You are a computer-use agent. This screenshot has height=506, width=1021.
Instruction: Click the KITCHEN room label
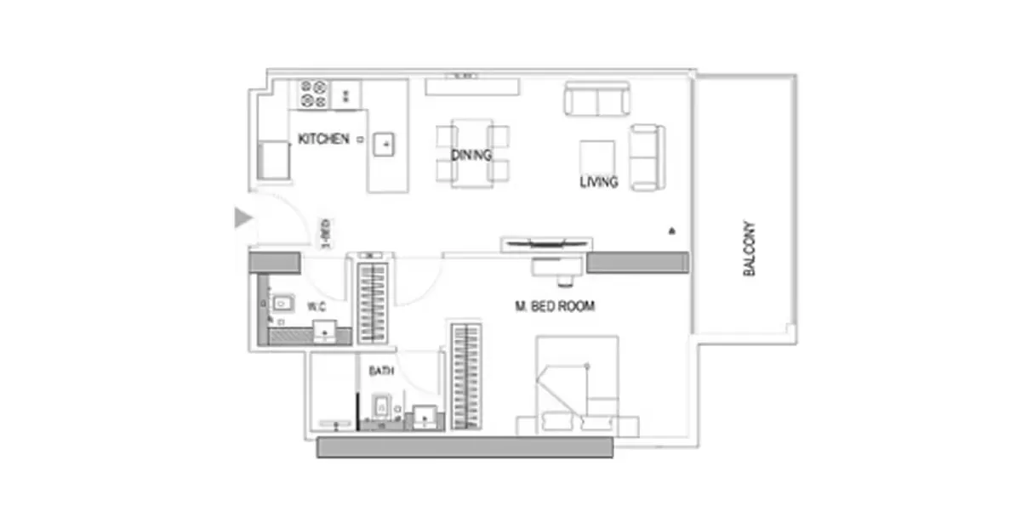pyautogui.click(x=323, y=139)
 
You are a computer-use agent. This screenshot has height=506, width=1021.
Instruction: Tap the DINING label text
pyautogui.click(x=471, y=156)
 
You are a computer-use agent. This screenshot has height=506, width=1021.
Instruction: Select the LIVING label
pyautogui.click(x=598, y=182)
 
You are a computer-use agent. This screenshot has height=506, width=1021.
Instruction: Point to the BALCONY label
pyautogui.click(x=749, y=248)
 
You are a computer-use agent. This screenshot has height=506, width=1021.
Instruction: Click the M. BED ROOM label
pyautogui.click(x=555, y=306)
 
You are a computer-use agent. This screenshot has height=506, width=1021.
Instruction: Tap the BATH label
pyautogui.click(x=381, y=371)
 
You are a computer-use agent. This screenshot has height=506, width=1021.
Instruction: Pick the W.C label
pyautogui.click(x=317, y=307)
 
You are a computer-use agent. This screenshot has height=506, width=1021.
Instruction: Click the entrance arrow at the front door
pyautogui.click(x=243, y=217)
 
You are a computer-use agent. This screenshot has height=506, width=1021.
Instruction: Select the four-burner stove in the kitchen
pyautogui.click(x=314, y=94)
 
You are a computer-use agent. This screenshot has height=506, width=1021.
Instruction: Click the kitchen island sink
pyautogui.click(x=384, y=145)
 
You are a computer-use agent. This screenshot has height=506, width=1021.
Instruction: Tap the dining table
pyautogui.click(x=472, y=153)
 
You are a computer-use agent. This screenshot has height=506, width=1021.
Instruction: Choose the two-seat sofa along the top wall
pyautogui.click(x=597, y=99)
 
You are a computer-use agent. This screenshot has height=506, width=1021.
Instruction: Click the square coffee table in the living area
pyautogui.click(x=597, y=157)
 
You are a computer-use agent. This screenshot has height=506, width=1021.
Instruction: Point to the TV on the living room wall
pyautogui.click(x=546, y=244)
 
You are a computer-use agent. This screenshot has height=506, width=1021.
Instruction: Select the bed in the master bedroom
pyautogui.click(x=577, y=386)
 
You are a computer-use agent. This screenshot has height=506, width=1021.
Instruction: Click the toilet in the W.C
pyautogui.click(x=282, y=304)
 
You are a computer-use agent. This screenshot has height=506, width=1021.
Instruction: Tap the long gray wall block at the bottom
pyautogui.click(x=465, y=447)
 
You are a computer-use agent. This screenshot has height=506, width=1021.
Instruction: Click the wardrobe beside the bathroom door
pyautogui.click(x=466, y=376)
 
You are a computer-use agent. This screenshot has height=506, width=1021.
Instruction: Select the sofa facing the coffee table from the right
pyautogui.click(x=647, y=157)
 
